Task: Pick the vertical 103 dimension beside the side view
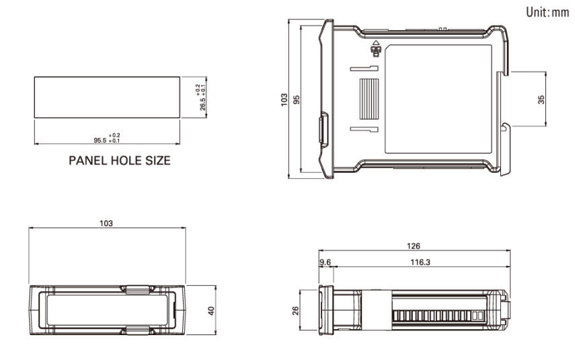(284, 99)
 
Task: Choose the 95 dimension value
(297, 99)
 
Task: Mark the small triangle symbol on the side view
(375, 44)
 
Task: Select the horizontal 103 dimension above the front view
(106, 223)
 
